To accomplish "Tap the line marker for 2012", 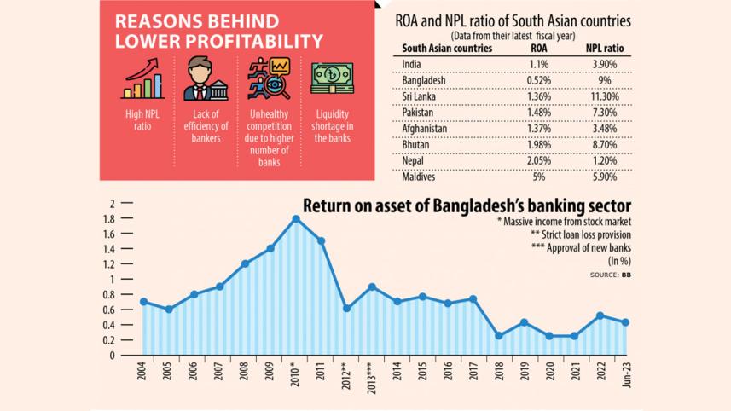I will click(x=345, y=308).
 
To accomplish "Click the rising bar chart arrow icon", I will click(x=143, y=79).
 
